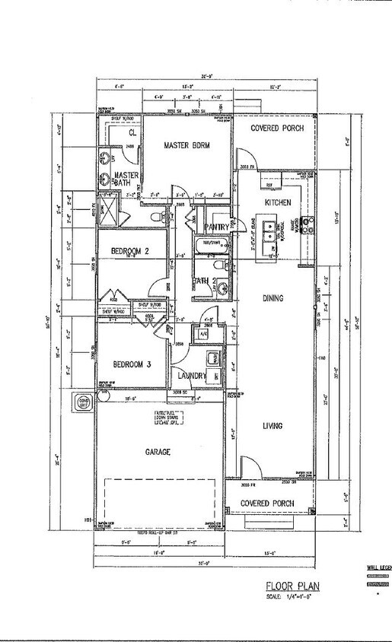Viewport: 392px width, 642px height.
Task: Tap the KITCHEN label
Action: click(279, 202)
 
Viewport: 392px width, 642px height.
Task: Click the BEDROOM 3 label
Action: click(132, 364)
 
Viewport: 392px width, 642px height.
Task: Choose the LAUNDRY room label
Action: click(193, 375)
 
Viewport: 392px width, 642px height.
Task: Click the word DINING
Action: click(272, 299)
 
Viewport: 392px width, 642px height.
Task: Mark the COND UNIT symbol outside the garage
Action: click(81, 401)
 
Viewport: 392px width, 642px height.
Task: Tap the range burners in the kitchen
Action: click(309, 224)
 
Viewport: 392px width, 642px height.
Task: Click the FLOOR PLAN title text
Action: click(293, 586)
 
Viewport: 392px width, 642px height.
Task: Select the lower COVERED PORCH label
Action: click(272, 504)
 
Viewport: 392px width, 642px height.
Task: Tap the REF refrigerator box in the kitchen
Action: click(269, 185)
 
